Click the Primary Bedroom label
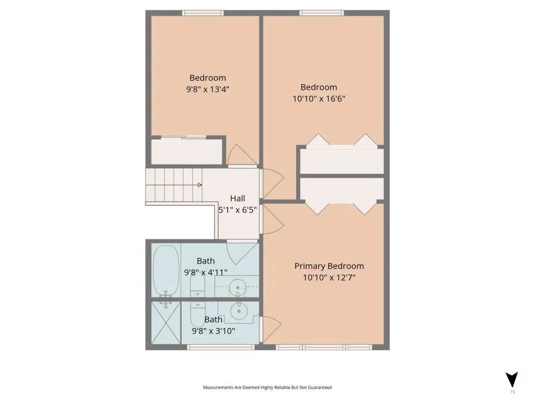pos(329,266)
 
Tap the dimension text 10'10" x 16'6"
pos(319,99)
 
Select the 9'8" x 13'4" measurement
pos(207,89)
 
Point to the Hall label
pos(237,198)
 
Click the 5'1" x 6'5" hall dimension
pos(237,210)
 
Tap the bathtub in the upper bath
pos(166,271)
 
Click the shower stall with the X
pos(166,322)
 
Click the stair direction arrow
pos(200,185)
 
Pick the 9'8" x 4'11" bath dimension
pos(206,272)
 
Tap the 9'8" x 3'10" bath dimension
pos(213,331)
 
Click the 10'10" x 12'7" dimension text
pos(329,277)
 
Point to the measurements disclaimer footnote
pos(267,388)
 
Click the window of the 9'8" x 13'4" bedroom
pos(203,13)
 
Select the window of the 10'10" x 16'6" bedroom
pos(322,13)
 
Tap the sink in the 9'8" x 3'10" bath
pos(239,311)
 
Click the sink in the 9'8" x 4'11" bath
pos(238,287)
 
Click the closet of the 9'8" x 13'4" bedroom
pos(187,151)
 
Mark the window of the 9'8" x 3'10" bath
pos(221,347)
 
